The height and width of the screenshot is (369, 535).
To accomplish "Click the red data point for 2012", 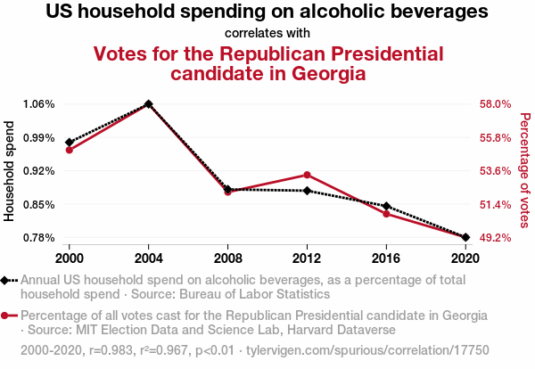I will point(307,175).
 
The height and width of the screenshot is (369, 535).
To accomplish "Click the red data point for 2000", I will point(69,149).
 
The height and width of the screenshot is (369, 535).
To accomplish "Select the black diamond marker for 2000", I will point(69,142).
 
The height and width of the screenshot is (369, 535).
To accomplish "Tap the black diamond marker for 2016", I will point(386,206).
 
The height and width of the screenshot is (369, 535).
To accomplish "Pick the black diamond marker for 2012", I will point(307,191).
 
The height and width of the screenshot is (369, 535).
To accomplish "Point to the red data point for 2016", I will point(386,214).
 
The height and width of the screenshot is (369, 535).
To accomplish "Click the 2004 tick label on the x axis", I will point(148,258).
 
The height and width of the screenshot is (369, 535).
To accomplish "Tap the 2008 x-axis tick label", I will point(227,258).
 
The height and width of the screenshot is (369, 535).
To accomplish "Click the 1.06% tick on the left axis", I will point(39,104).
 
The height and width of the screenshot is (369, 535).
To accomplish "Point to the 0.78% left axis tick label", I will point(39,238).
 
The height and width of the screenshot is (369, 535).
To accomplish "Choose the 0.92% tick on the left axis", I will point(39,171).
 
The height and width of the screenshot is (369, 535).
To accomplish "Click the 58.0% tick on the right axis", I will point(494,104).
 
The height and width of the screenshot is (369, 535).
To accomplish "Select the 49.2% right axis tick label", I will point(494,238).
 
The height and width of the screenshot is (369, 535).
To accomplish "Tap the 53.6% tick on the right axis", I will point(494,171).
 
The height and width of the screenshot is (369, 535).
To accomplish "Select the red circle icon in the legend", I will point(7,316).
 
